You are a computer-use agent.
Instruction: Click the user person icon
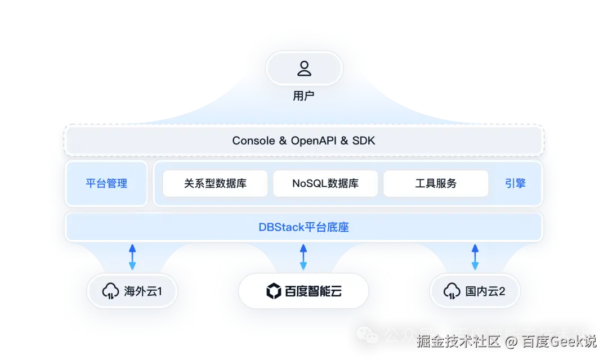coord(304,69)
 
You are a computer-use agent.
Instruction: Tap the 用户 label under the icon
coord(304,96)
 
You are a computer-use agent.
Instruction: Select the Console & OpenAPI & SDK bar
coord(304,141)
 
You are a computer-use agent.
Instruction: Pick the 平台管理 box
coord(106,183)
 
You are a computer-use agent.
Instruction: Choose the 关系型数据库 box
coord(215,183)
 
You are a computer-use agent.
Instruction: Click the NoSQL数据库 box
coord(325,183)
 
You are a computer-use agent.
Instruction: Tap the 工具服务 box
coord(436,183)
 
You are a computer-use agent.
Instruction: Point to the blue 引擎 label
coord(515,183)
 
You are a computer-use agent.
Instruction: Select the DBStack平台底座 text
coord(304,227)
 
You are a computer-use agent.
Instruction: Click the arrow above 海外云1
coord(132,256)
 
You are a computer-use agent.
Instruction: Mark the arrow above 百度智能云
coord(303,256)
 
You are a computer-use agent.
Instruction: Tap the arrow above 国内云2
coord(475,256)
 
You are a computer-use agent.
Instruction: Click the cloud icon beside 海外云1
coord(109,291)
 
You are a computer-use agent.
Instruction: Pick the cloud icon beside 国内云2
coord(451,291)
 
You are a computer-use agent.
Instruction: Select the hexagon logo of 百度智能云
coord(274,291)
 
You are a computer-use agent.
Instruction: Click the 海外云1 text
coord(143,291)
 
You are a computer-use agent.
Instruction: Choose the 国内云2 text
coord(485,291)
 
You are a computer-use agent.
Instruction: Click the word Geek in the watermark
coord(565,341)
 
